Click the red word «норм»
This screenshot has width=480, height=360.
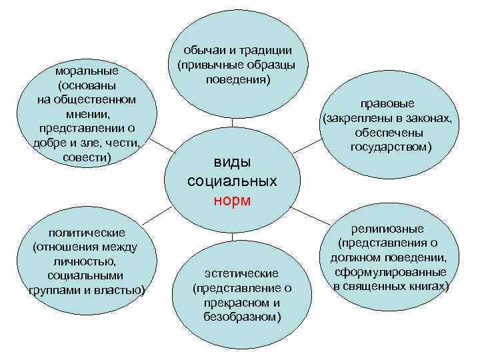[232, 200]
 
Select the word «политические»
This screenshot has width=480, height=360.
[87, 233]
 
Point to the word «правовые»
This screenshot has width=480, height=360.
[388, 104]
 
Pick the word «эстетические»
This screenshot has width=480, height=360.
[241, 273]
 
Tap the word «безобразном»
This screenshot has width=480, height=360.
[242, 316]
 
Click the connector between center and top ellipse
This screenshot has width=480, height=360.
[232, 120]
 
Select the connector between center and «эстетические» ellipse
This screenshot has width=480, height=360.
[232, 237]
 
